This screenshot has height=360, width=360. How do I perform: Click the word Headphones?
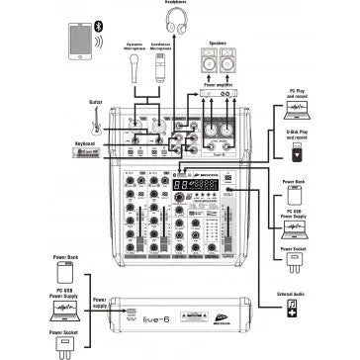point(179,3)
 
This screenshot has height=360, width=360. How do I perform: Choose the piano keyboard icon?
point(91,154)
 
